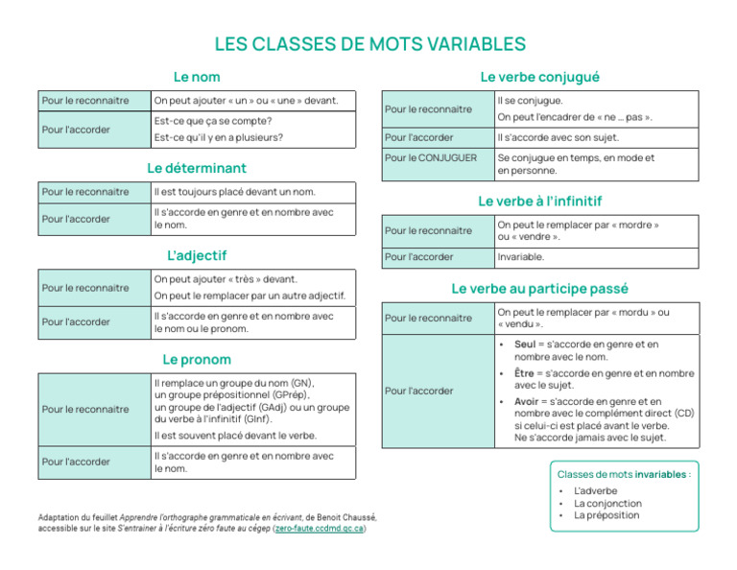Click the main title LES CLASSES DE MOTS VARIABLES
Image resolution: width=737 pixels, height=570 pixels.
pyautogui.click(x=369, y=44)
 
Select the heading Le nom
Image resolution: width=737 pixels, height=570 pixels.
pyautogui.click(x=197, y=77)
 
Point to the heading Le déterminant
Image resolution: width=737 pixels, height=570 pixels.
pyautogui.click(x=197, y=168)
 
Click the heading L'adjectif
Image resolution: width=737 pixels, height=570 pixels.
pyautogui.click(x=197, y=255)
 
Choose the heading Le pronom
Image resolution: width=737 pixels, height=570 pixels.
pyautogui.click(x=197, y=360)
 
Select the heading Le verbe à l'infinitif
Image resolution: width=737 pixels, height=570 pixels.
pyautogui.click(x=540, y=202)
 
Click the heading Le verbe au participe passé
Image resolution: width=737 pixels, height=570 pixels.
pyautogui.click(x=540, y=288)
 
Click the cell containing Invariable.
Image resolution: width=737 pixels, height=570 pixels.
pyautogui.click(x=521, y=257)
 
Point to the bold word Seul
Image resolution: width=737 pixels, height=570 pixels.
pyautogui.click(x=525, y=344)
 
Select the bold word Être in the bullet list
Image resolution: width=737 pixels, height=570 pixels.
pyautogui.click(x=525, y=373)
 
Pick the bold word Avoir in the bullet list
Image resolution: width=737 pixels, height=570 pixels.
pyautogui.click(x=527, y=402)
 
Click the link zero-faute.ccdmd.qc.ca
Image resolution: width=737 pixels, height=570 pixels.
pyautogui.click(x=319, y=528)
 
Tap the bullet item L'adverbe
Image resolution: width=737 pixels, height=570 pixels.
pyautogui.click(x=595, y=490)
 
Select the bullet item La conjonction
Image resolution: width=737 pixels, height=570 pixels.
pyautogui.click(x=607, y=503)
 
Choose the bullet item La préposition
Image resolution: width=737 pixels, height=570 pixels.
pyautogui.click(x=606, y=515)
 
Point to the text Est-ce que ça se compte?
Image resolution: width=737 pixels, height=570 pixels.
pyautogui.click(x=213, y=121)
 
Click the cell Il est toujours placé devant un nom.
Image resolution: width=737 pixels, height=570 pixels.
pyautogui.click(x=234, y=191)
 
